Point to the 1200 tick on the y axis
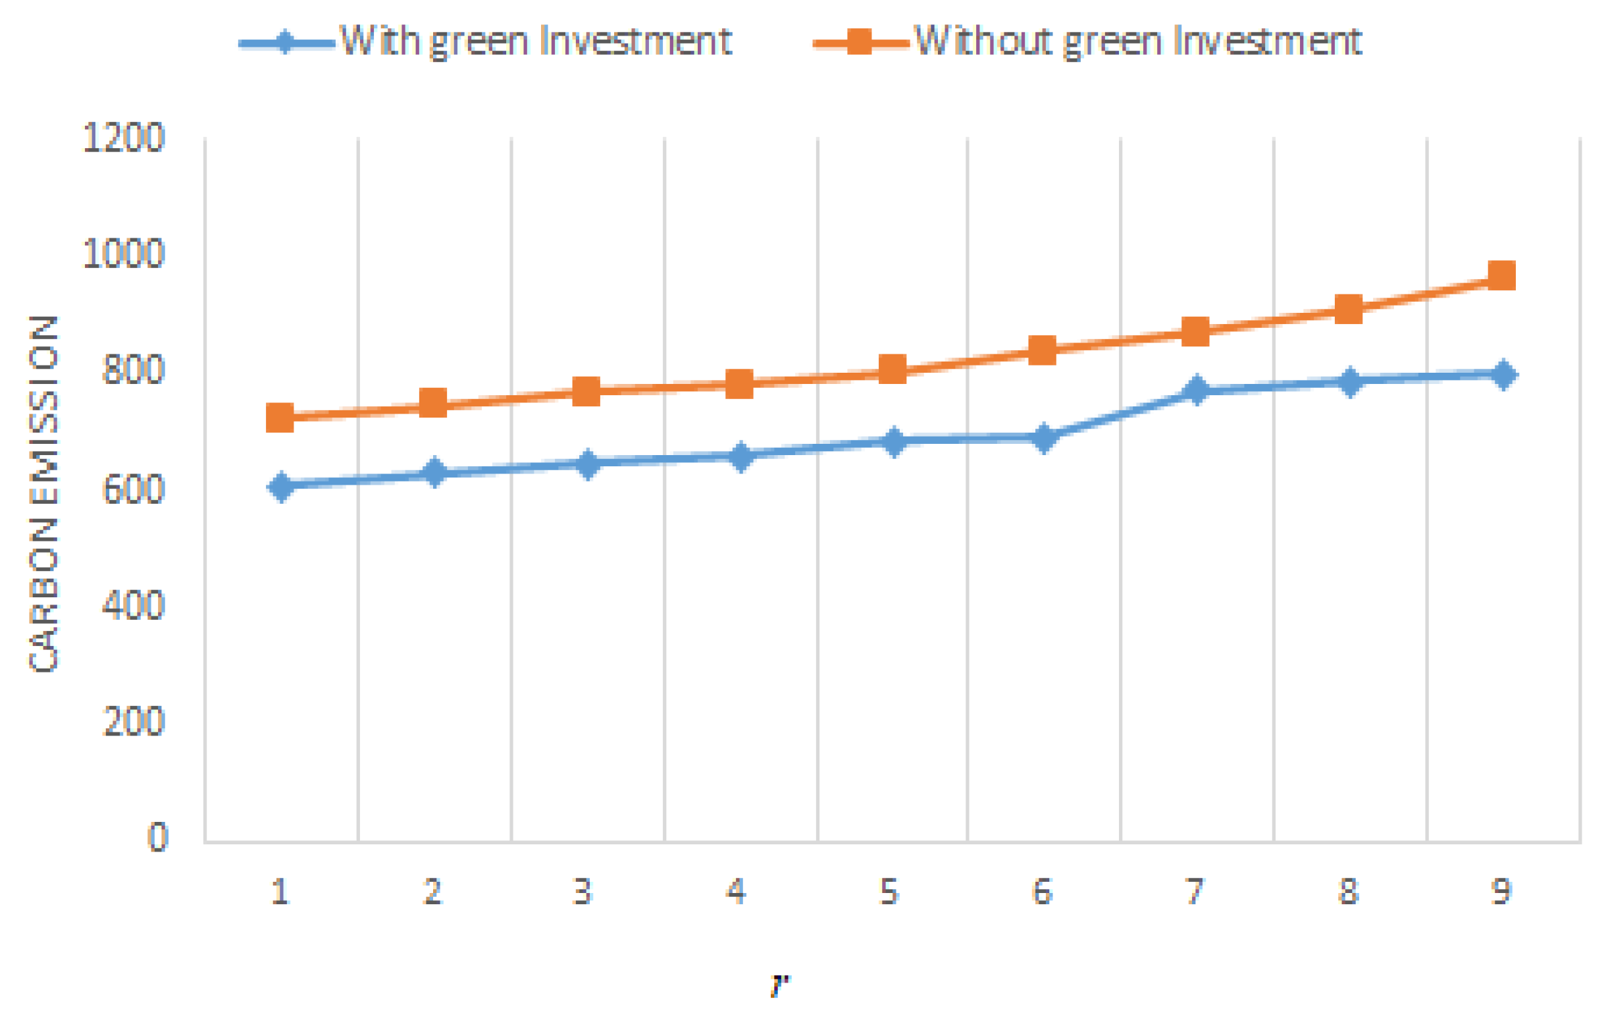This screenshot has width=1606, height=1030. pyautogui.click(x=124, y=138)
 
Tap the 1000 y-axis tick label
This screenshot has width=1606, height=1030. pyautogui.click(x=124, y=254)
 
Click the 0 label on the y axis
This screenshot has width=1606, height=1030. pyautogui.click(x=158, y=838)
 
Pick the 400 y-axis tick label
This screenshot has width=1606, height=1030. pyautogui.click(x=134, y=606)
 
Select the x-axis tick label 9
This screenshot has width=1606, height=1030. pyautogui.click(x=1501, y=892)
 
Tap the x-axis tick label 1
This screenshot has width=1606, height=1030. pyautogui.click(x=280, y=892)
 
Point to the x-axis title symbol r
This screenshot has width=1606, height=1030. pyautogui.click(x=779, y=986)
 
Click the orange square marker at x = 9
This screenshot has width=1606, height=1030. pyautogui.click(x=1502, y=275)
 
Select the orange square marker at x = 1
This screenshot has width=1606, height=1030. pyautogui.click(x=280, y=418)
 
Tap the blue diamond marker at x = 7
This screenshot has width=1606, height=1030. pyautogui.click(x=1196, y=390)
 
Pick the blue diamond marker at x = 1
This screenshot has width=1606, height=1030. pyautogui.click(x=280, y=486)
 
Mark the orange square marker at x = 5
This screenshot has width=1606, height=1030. pyautogui.click(x=893, y=369)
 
